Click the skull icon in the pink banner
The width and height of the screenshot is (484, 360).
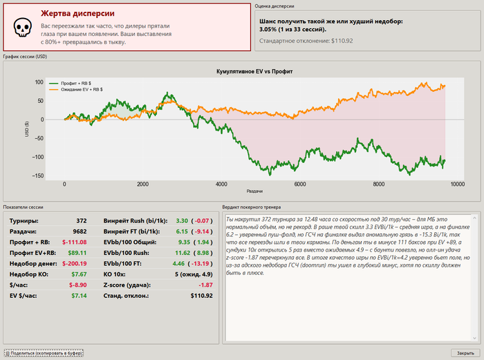pos(23,27)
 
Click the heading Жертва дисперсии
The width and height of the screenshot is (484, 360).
pos(77,14)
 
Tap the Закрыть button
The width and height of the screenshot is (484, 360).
pos(465,353)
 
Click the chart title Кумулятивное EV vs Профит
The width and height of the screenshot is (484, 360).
pos(254,72)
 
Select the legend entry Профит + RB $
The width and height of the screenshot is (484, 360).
pos(76,84)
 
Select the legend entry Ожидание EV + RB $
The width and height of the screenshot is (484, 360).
pos(82,89)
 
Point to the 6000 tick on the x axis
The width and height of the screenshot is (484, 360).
pos(300,184)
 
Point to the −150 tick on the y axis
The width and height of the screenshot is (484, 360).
pos(37,176)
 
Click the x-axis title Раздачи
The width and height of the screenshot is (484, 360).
pos(254,191)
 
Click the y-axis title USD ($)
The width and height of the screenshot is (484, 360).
pos(27,129)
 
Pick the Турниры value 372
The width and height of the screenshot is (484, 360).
pos(82,221)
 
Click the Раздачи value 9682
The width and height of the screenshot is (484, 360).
pos(80,231)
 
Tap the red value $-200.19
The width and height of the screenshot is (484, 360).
pos(75,264)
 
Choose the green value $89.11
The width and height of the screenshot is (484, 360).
pos(77,253)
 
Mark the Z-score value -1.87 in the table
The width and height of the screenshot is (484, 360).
pos(205,285)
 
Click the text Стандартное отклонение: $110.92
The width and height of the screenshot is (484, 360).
pos(306,41)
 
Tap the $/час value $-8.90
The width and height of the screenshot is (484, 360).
pos(77,285)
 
